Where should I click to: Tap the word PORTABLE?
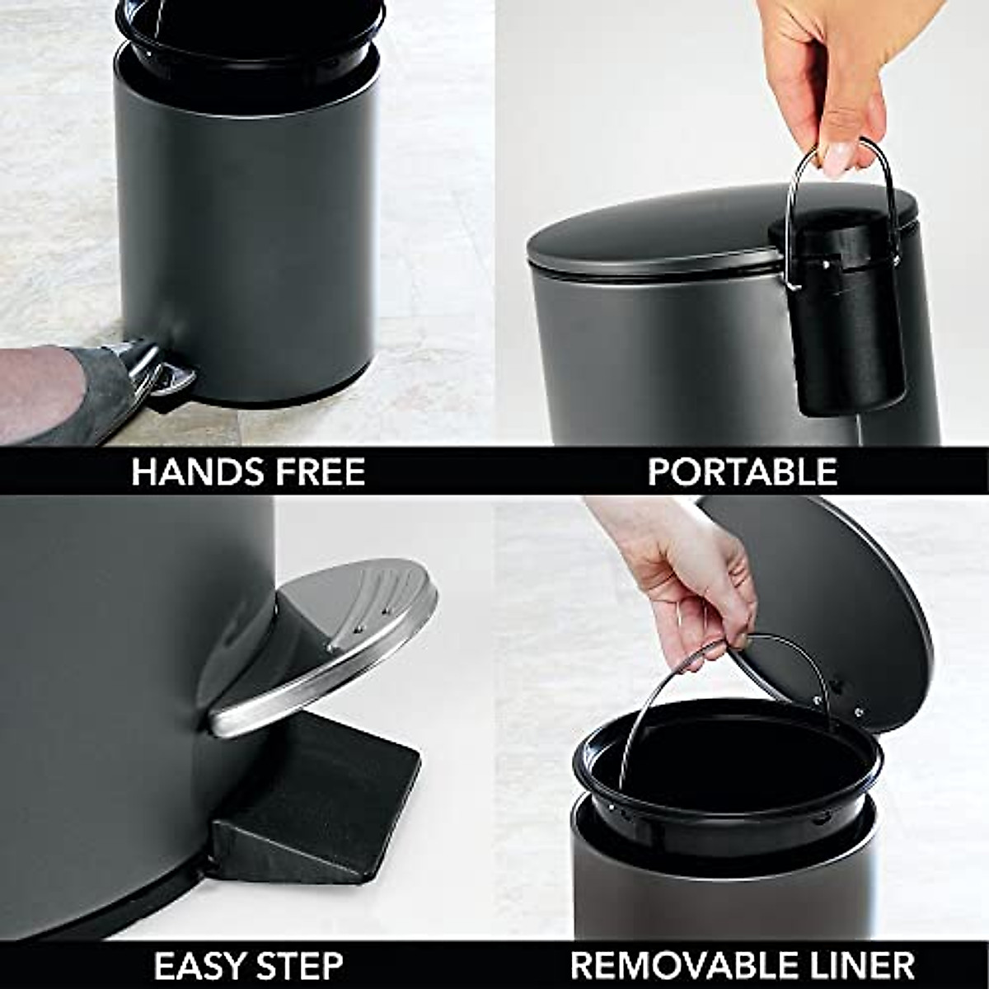click(x=742, y=472)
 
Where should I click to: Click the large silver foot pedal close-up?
click(x=330, y=643)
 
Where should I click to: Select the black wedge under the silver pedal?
click(x=321, y=791)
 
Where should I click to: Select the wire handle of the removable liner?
click(x=659, y=701)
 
